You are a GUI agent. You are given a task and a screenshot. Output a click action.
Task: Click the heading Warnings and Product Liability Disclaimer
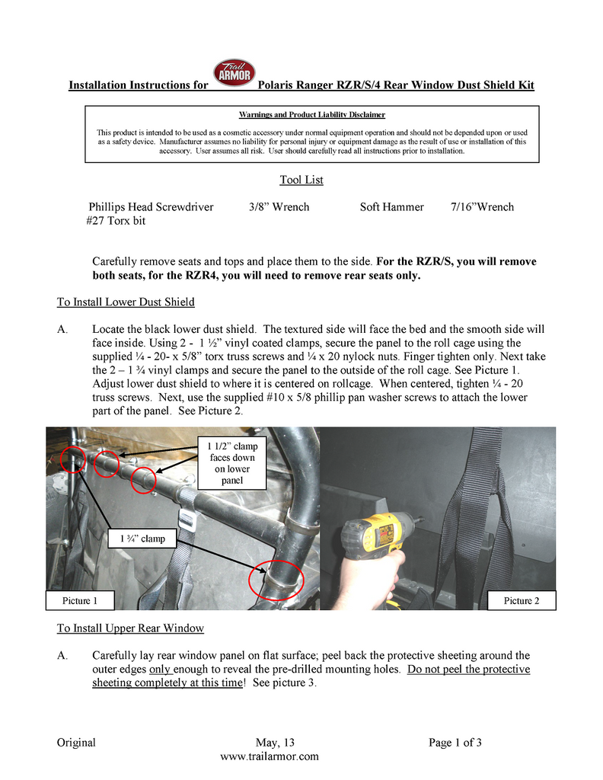[311, 115]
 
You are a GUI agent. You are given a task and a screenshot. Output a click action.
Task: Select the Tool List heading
[301, 181]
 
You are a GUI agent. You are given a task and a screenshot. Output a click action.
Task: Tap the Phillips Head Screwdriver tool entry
[151, 207]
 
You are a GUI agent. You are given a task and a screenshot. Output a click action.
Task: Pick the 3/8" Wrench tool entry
[279, 207]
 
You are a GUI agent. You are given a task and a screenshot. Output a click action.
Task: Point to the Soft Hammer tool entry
[391, 207]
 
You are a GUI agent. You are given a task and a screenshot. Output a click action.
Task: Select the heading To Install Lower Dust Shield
[126, 302]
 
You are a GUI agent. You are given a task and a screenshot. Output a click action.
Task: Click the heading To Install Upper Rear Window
[130, 628]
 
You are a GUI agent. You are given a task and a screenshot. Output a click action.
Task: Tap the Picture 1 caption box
[80, 601]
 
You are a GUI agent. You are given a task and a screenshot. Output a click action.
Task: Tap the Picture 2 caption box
[522, 601]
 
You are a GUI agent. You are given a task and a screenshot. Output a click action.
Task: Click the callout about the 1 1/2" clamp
[234, 463]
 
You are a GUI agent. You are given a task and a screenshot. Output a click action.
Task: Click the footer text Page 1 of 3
[455, 743]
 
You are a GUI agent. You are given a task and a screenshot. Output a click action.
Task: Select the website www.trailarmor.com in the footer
[269, 756]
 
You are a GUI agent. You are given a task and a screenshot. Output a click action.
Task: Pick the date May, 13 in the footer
[275, 743]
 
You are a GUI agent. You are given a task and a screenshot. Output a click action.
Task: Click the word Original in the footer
[76, 743]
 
